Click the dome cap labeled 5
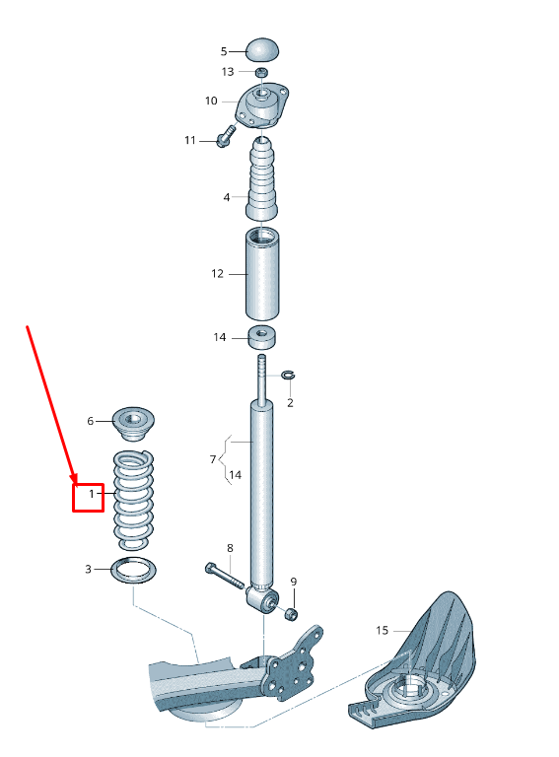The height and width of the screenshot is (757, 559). [262, 49]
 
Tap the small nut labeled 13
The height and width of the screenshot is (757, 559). [261, 72]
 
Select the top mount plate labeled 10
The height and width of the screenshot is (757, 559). [262, 105]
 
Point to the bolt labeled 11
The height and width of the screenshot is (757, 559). [225, 137]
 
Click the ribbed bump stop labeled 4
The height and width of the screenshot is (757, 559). [262, 178]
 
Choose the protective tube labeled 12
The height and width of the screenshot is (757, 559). [262, 273]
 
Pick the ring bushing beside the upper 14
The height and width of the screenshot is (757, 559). [262, 337]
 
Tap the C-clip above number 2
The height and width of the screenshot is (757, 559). [288, 375]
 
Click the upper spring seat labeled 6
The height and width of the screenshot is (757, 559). [133, 423]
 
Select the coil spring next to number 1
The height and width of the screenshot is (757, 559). [133, 500]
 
